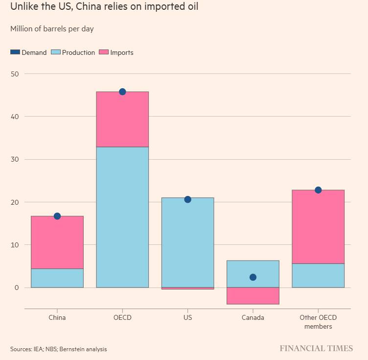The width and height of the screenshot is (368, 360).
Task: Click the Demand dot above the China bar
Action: (57, 216)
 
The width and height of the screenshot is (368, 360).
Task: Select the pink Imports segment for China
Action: (57, 242)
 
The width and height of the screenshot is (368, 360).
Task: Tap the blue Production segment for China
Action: (57, 278)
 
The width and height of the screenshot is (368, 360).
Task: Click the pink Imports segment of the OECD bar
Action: (122, 120)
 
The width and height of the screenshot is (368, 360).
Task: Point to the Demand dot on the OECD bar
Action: (122, 92)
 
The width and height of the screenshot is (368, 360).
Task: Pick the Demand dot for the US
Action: (187, 199)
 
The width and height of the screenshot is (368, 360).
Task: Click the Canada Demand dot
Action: (253, 277)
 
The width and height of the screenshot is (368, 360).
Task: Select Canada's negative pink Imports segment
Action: (253, 296)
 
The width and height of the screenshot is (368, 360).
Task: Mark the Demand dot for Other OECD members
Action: (318, 190)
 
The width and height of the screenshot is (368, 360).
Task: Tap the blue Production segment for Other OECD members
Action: (318, 275)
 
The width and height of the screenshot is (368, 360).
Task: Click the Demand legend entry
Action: (29, 52)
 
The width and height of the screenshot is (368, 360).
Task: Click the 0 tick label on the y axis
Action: (16, 288)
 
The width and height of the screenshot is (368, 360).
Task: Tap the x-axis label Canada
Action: (253, 317)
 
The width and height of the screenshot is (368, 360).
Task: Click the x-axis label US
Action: (187, 317)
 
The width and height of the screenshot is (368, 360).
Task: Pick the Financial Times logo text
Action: (316, 349)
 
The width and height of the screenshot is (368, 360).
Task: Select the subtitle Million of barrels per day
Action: (52, 29)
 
